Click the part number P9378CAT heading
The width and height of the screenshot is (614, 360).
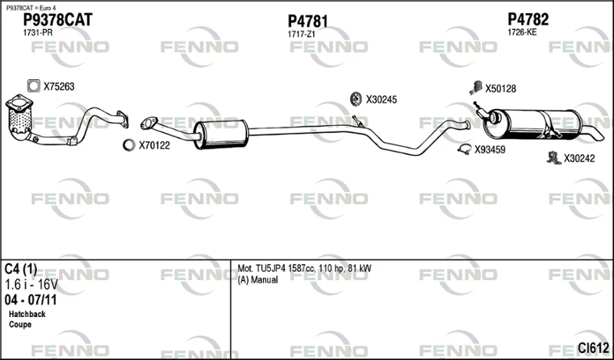click(58, 20)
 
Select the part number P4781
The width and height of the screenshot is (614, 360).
click(308, 21)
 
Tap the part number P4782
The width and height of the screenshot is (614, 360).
click(528, 19)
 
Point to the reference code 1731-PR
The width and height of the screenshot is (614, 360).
click(38, 33)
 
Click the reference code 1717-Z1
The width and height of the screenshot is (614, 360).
click(301, 35)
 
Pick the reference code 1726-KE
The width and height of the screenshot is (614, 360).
click(522, 32)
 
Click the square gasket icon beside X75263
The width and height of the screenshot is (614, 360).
click(34, 86)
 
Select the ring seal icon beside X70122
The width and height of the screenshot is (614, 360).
click(129, 145)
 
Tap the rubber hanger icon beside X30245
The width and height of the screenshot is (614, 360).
click(355, 99)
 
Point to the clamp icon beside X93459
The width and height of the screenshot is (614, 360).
click(464, 149)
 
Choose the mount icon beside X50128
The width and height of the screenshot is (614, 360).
click(476, 88)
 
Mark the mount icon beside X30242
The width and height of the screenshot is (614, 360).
click(553, 157)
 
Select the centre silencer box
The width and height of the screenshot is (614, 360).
click(221, 134)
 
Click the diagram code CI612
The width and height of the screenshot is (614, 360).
click(593, 348)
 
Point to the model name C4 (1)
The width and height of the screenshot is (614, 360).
click(21, 269)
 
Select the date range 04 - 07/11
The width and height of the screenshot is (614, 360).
click(31, 300)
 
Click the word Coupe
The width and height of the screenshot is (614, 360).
click(20, 325)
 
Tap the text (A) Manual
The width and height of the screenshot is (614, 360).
click(258, 280)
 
